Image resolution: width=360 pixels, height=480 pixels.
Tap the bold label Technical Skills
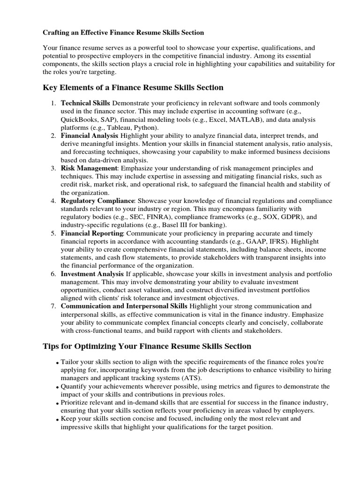pos(86,103)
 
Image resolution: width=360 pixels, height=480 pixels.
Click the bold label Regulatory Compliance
pos(97,201)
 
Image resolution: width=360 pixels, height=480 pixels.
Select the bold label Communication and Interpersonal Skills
pos(124,306)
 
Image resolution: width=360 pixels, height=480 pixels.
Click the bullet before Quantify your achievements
pos(57,388)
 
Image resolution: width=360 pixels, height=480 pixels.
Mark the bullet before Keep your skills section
pos(57,420)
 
